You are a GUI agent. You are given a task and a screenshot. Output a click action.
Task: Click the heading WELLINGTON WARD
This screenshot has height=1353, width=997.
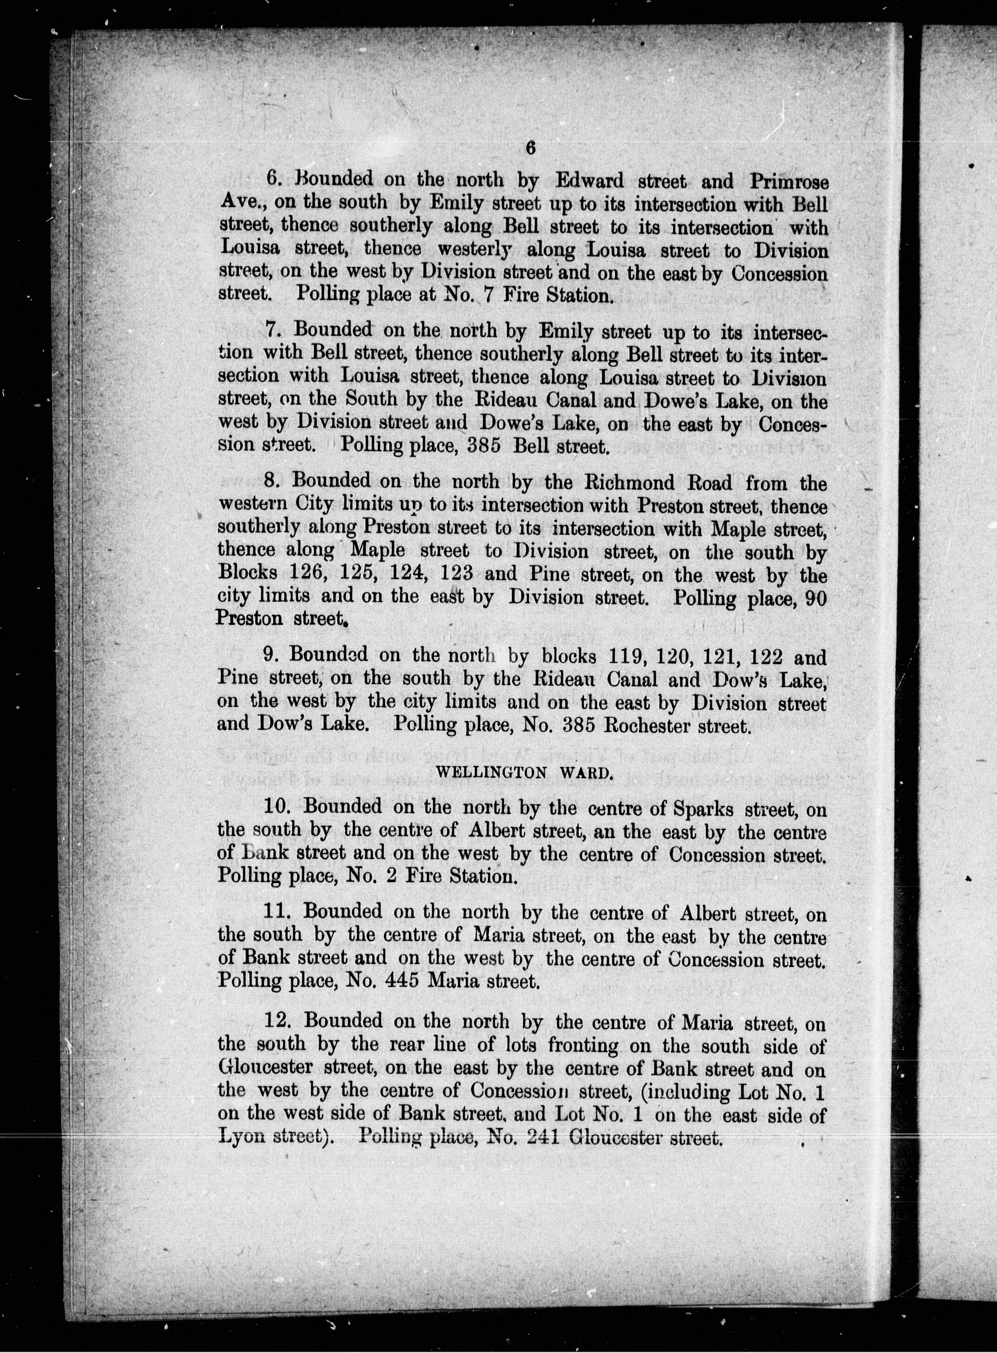tap(524, 774)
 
